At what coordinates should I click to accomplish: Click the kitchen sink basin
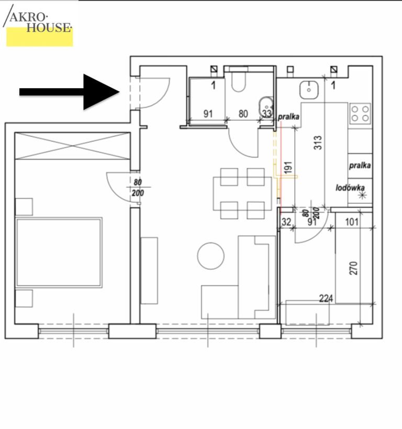tap(309, 90)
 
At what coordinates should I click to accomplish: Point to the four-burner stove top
tap(360, 114)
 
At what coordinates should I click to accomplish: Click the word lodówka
tap(350, 188)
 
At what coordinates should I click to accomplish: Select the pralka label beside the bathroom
tap(288, 117)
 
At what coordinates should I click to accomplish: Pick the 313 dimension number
tap(318, 143)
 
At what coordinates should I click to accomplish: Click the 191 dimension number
tap(288, 168)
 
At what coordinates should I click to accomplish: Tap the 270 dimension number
tap(353, 268)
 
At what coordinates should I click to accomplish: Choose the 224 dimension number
tap(326, 298)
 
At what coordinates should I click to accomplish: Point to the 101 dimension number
tap(352, 222)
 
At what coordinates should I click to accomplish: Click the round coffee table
tap(211, 256)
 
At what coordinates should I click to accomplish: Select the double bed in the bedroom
tap(59, 252)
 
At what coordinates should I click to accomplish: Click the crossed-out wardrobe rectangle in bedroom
tap(72, 146)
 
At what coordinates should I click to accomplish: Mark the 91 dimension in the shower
tap(208, 114)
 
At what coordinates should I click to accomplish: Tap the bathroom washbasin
tap(265, 104)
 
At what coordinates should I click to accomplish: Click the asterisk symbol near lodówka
tap(363, 195)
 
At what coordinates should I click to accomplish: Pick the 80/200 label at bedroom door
tap(138, 188)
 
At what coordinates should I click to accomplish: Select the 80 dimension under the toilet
tap(243, 114)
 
